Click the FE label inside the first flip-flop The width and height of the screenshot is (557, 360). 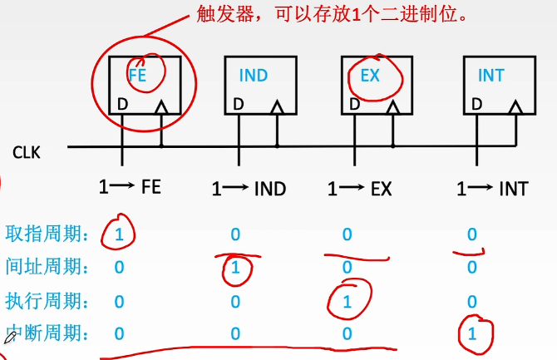tap(138, 75)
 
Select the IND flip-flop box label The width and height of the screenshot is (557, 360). tap(254, 76)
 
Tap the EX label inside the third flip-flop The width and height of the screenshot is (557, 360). tap(370, 76)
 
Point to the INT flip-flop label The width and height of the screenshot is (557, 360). tap(490, 76)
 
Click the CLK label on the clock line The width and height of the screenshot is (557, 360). tap(27, 152)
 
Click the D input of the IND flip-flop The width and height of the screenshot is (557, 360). tap(238, 106)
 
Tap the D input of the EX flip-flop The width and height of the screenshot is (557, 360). tap(355, 106)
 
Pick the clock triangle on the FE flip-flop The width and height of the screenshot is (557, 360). tap(161, 107)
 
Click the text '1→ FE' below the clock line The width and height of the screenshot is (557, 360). tap(129, 188)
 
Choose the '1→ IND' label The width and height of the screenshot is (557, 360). tap(249, 189)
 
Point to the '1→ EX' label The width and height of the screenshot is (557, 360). tap(359, 189)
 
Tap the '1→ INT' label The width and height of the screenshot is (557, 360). tap(492, 189)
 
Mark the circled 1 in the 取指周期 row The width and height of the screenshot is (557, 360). tap(120, 234)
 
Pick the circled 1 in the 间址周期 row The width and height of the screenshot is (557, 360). tap(235, 269)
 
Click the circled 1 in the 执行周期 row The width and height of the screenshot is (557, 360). tap(348, 301)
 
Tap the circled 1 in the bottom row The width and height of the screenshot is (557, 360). tap(473, 333)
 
